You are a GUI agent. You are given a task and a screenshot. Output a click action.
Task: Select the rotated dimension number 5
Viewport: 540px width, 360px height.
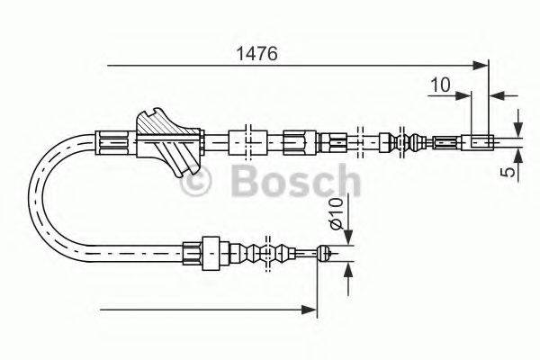pyautogui.click(x=509, y=167)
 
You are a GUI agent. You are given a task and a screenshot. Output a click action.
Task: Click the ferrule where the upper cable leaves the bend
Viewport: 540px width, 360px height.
pyautogui.click(x=113, y=141)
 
